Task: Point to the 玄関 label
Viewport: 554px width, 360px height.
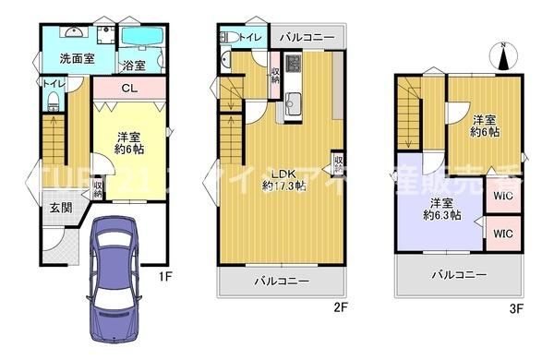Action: [60, 209]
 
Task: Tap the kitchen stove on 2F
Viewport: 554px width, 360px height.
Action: [294, 66]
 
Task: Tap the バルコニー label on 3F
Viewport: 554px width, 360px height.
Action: [458, 274]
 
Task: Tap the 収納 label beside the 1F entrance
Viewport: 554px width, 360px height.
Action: [98, 188]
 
